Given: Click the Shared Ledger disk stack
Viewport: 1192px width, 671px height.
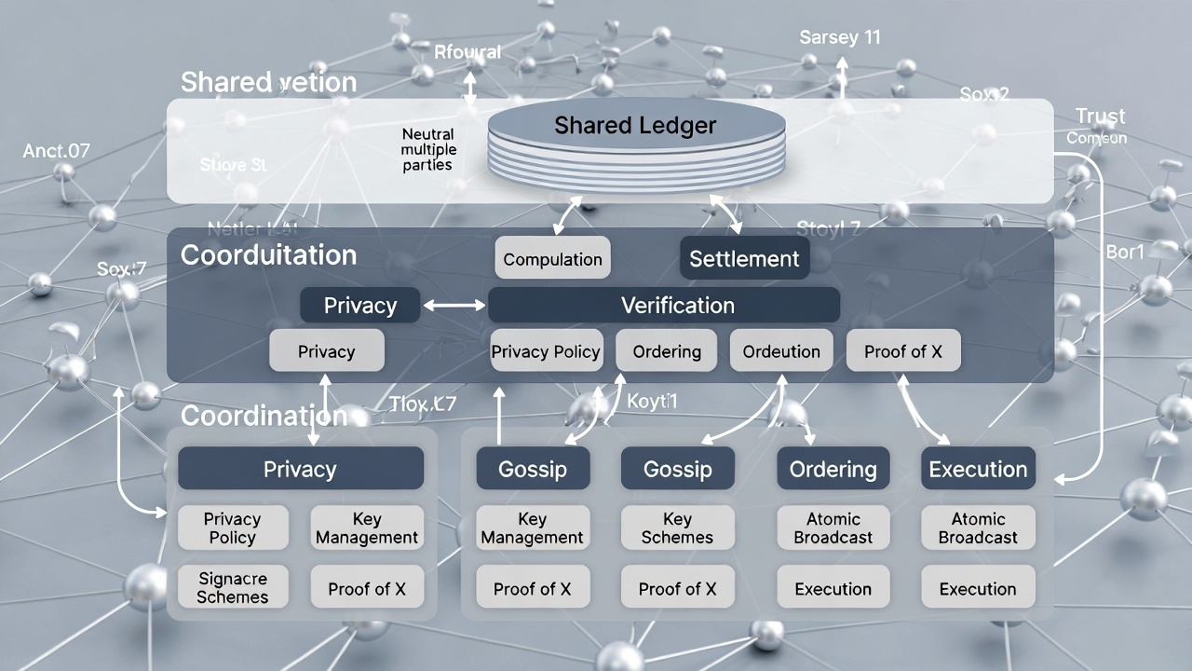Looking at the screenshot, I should (635, 144).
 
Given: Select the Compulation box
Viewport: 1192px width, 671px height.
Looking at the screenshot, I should (552, 259).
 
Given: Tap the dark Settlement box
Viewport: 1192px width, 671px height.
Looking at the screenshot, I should (744, 258).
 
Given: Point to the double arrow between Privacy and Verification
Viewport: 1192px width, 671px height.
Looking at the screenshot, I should (454, 305).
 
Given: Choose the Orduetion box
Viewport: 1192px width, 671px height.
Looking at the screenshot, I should (781, 351).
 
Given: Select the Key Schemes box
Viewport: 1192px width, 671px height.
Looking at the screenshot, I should (677, 528).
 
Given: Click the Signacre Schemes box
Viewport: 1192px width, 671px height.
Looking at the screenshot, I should (232, 588).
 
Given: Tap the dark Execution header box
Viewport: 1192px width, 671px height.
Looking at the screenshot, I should (978, 469).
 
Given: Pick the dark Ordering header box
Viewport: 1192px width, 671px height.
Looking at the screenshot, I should (833, 469).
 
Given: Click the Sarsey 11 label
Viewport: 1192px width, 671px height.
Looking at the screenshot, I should (839, 37).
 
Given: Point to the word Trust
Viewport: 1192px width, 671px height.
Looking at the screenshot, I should (1100, 116).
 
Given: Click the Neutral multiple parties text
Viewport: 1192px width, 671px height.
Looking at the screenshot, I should (429, 150).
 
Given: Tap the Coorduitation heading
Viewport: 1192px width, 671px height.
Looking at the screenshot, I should (268, 255).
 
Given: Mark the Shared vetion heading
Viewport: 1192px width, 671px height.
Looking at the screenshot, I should (268, 82).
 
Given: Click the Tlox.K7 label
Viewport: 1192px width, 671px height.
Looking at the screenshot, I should (423, 404).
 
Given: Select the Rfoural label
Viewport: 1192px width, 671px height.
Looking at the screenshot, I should (467, 52).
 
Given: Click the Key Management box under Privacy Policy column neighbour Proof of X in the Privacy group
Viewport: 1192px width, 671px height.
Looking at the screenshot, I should (367, 528).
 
